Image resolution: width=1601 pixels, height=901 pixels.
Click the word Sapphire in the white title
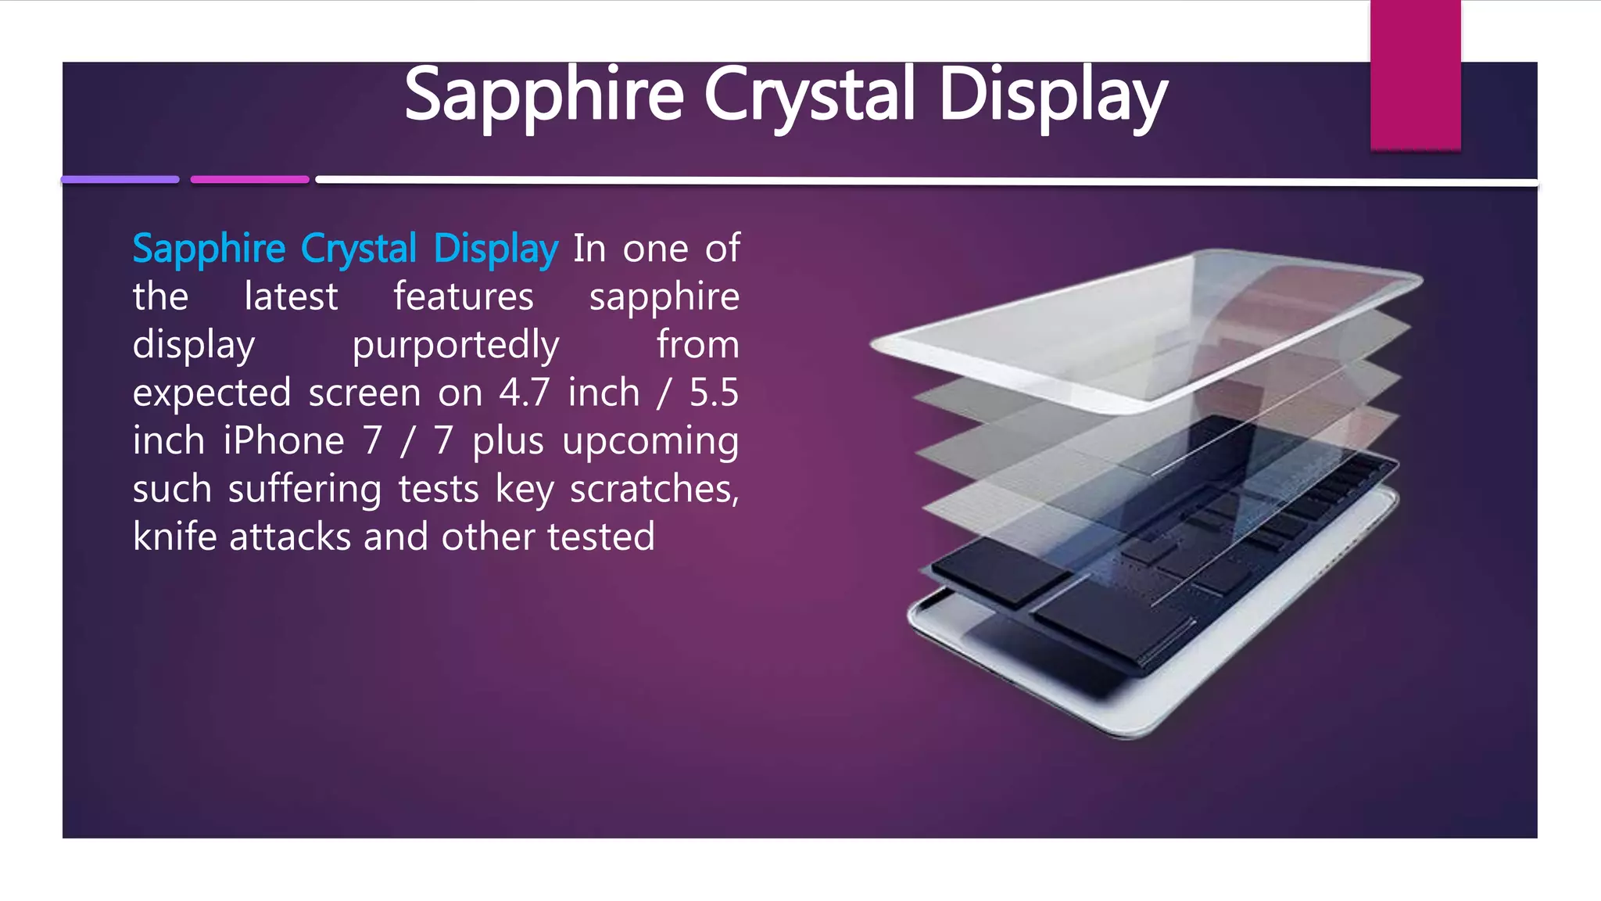[544, 95]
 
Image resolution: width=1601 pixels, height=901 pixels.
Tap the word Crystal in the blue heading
[359, 249]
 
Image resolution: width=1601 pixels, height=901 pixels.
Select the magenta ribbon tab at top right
[1415, 75]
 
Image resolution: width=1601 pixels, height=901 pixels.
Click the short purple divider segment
[120, 180]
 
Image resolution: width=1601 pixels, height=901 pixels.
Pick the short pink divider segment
[249, 180]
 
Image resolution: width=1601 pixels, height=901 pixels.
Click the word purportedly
[456, 346]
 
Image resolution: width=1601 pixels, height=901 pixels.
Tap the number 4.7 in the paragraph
[525, 393]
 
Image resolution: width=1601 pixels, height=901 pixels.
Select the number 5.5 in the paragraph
[713, 393]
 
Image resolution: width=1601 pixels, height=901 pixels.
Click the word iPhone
[284, 441]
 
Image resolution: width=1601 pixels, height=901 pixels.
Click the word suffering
[305, 490]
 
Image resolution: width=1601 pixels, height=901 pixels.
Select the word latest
[291, 297]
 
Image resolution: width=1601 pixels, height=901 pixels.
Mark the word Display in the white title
[1052, 95]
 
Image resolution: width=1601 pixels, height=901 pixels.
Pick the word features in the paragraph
[463, 297]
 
